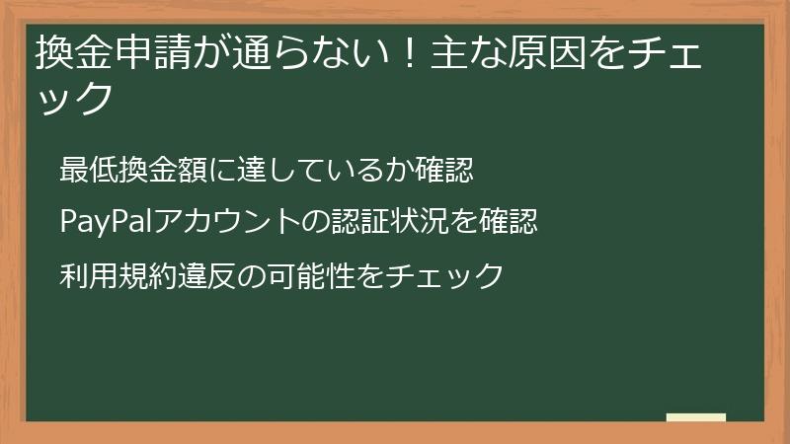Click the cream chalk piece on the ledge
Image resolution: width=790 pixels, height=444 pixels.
[x=696, y=417]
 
